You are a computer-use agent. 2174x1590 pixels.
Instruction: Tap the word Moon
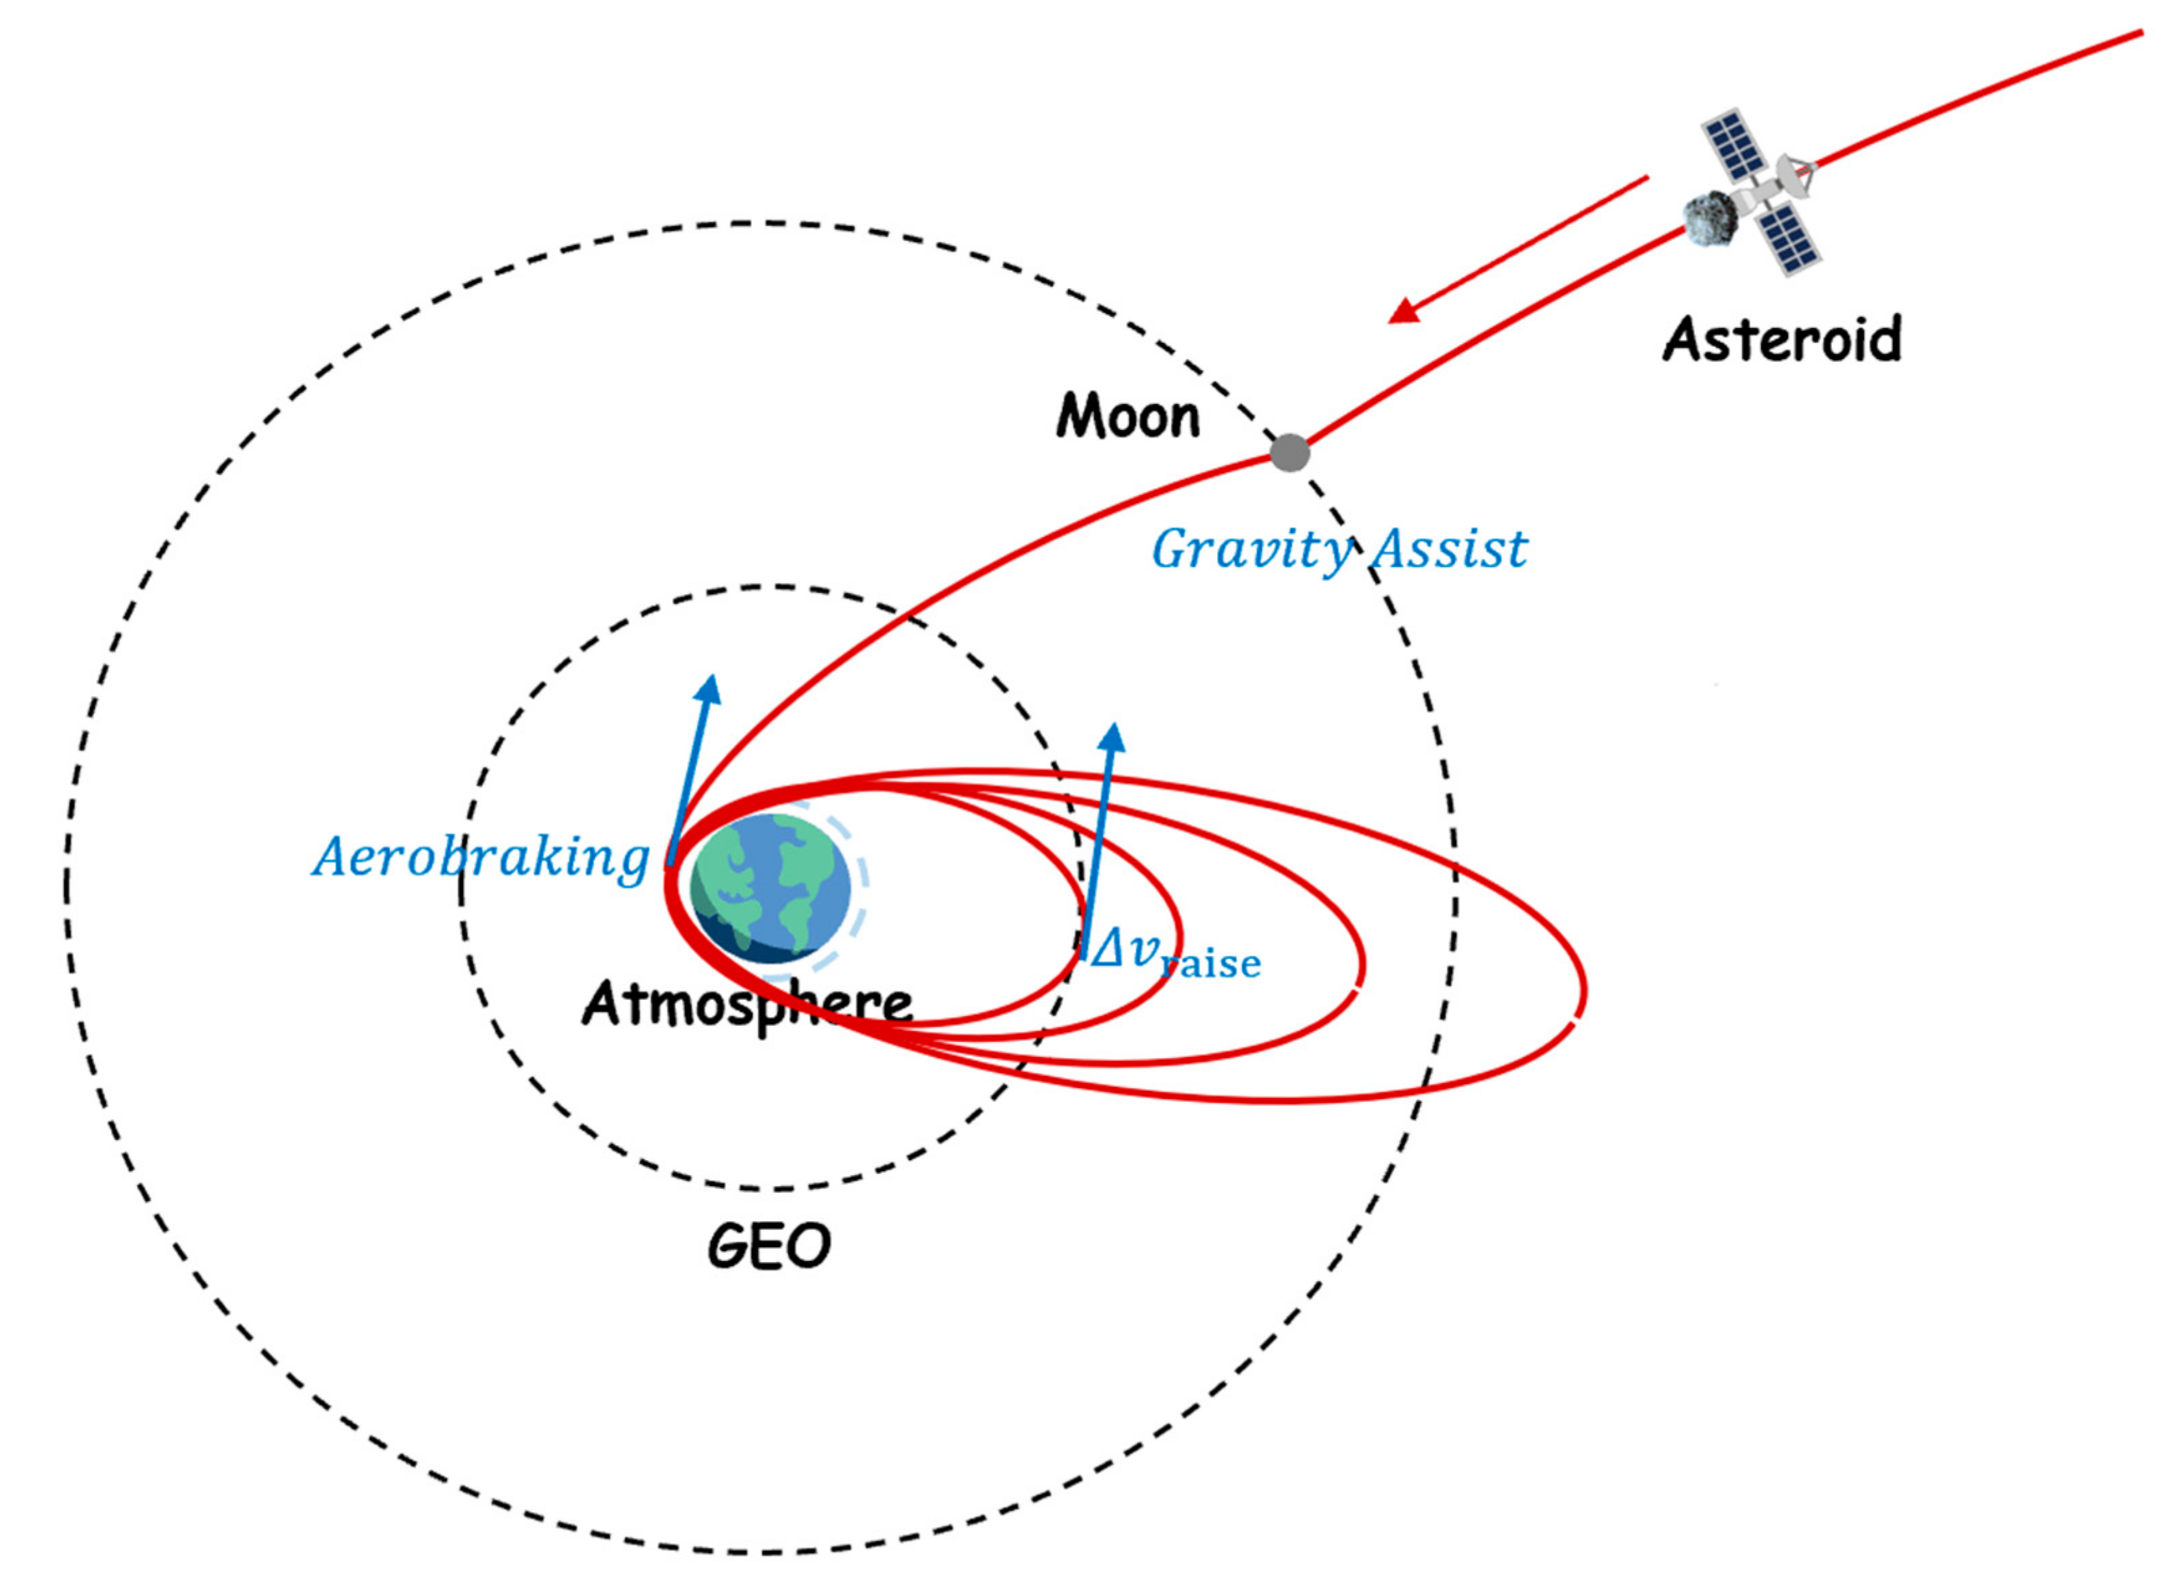click(x=1127, y=417)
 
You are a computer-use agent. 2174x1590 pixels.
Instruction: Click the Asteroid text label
click(x=1781, y=339)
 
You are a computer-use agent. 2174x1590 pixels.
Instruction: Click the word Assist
click(x=1448, y=550)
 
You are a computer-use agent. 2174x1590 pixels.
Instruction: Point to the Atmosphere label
click(x=747, y=1004)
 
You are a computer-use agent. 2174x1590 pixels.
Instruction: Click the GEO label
click(x=768, y=1246)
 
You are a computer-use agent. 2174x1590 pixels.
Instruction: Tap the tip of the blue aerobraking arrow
click(x=711, y=677)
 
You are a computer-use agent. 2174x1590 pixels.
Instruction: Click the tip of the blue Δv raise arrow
click(x=1113, y=726)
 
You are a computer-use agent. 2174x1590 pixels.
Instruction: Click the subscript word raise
click(x=1211, y=964)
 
